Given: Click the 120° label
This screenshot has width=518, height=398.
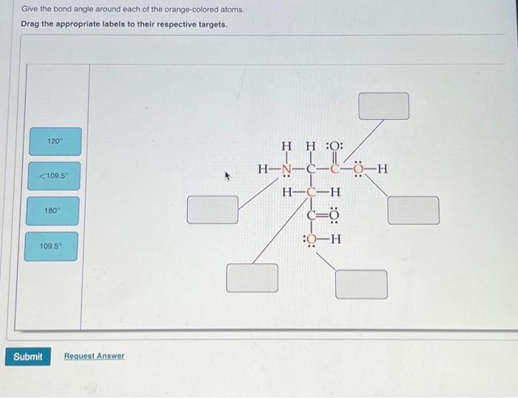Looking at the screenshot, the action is [55, 141].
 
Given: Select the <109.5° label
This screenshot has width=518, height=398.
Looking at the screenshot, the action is [55, 176].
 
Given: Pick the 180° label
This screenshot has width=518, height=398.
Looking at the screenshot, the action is [52, 211].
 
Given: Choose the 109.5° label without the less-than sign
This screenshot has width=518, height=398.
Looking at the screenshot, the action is [52, 246].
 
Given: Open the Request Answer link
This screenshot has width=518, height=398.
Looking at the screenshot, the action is [94, 357].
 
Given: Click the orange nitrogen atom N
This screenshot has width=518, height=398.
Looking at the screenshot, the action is [287, 171].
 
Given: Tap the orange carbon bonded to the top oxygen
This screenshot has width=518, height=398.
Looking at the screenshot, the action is [334, 171].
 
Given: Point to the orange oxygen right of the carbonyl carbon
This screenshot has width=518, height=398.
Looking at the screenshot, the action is [358, 171].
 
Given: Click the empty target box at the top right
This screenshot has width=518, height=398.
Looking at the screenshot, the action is [383, 106].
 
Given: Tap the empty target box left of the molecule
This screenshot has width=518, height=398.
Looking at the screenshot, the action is [212, 209].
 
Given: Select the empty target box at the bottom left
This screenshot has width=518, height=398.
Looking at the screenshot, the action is [252, 277].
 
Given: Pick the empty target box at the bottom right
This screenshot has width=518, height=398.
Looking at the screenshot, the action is [361, 284].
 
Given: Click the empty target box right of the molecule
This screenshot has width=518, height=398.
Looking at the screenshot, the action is [413, 209].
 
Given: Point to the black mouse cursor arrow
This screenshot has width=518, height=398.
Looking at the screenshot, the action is [229, 177].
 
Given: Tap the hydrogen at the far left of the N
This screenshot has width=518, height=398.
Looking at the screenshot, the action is [263, 171].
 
